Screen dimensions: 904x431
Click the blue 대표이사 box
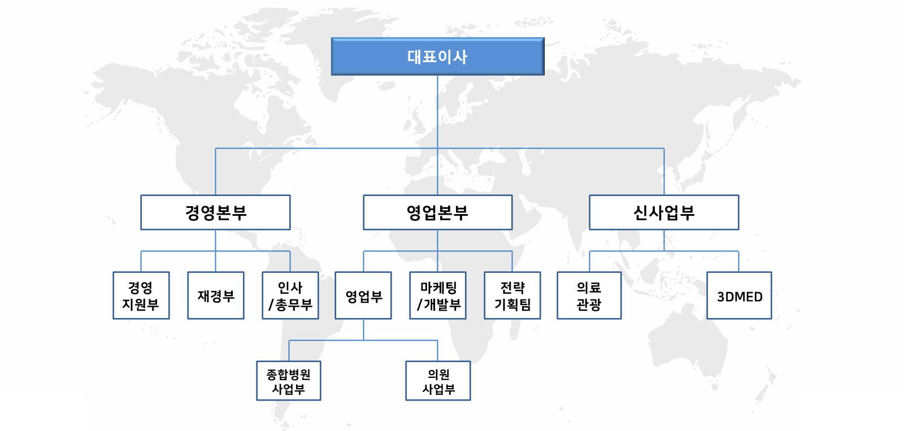click(437, 56)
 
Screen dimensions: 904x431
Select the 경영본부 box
click(215, 212)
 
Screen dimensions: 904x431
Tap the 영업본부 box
click(438, 212)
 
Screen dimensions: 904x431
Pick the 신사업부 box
click(664, 212)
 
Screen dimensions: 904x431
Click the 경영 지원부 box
click(141, 295)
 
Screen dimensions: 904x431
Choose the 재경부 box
click(216, 295)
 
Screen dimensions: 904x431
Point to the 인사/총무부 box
click(290, 295)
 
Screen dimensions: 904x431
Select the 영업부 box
click(363, 295)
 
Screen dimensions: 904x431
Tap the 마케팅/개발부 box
click(438, 295)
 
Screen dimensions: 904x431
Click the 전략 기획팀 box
click(512, 295)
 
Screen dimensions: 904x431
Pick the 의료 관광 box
click(589, 295)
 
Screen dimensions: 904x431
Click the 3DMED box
click(740, 295)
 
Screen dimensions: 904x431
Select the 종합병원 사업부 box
click(289, 381)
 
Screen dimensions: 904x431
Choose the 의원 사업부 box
click(438, 381)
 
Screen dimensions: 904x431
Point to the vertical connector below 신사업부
click(664, 241)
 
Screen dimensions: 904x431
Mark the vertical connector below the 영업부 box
click(364, 330)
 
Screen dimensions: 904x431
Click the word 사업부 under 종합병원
click(289, 389)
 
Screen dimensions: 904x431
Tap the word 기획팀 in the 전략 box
click(512, 304)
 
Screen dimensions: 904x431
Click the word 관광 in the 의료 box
click(589, 304)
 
